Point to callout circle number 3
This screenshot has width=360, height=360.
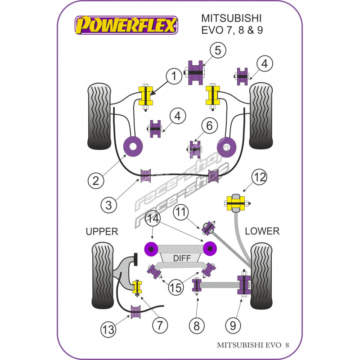(x=108, y=206)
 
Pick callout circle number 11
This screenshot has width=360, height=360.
(x=181, y=211)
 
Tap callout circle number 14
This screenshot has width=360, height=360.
(x=153, y=220)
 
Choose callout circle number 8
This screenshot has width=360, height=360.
(x=196, y=325)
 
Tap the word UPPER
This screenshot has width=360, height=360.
(x=101, y=232)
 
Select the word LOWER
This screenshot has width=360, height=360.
(x=262, y=231)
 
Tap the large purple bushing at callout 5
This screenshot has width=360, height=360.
(x=195, y=72)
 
